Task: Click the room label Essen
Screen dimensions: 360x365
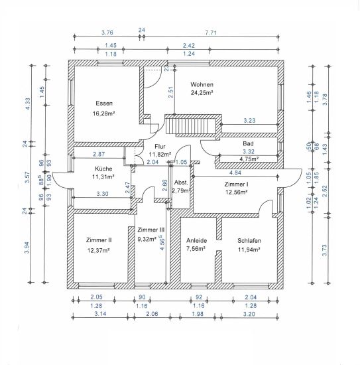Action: [x=104, y=104]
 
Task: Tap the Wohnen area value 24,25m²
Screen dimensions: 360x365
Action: [x=202, y=93]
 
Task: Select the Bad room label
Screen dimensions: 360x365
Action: [x=248, y=143]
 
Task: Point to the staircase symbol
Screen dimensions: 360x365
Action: [x=191, y=126]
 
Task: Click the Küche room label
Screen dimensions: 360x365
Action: [x=103, y=169]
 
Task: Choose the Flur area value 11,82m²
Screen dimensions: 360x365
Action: [x=160, y=154]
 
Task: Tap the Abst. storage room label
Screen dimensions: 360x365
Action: [x=181, y=183]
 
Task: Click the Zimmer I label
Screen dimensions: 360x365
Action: [x=236, y=184]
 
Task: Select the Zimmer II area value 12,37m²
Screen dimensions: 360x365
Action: [x=99, y=250]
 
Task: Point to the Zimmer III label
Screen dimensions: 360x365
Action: [x=151, y=230]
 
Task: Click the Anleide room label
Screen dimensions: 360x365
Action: [x=196, y=240]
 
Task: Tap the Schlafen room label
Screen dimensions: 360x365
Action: [x=249, y=240]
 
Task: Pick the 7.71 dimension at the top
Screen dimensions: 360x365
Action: [x=211, y=33]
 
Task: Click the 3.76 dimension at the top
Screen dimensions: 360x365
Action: [x=107, y=33]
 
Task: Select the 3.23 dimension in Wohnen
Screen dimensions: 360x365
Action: [x=249, y=120]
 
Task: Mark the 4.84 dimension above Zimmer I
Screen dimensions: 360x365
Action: [x=235, y=173]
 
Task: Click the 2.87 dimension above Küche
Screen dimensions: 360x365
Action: [x=99, y=154]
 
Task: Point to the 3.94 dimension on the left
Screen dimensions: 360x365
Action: [x=27, y=248]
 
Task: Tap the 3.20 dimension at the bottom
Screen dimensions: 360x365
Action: [x=249, y=314]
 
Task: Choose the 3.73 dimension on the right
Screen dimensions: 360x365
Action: [x=325, y=250]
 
